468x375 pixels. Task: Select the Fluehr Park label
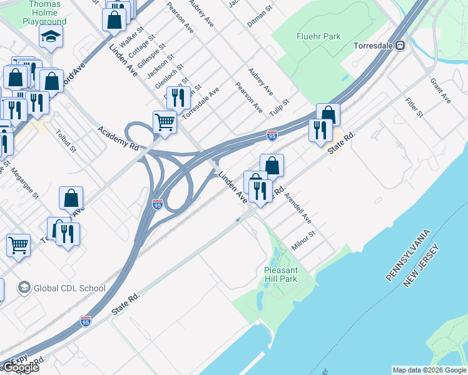[318, 36]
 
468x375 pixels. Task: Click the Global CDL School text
[69, 288]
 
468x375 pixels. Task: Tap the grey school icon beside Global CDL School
[24, 287]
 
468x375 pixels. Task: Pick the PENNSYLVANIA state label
[409, 257]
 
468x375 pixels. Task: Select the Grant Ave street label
[440, 91]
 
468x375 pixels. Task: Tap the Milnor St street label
[304, 241]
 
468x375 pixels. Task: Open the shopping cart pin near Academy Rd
[165, 121]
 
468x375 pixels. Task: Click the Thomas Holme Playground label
[44, 13]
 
